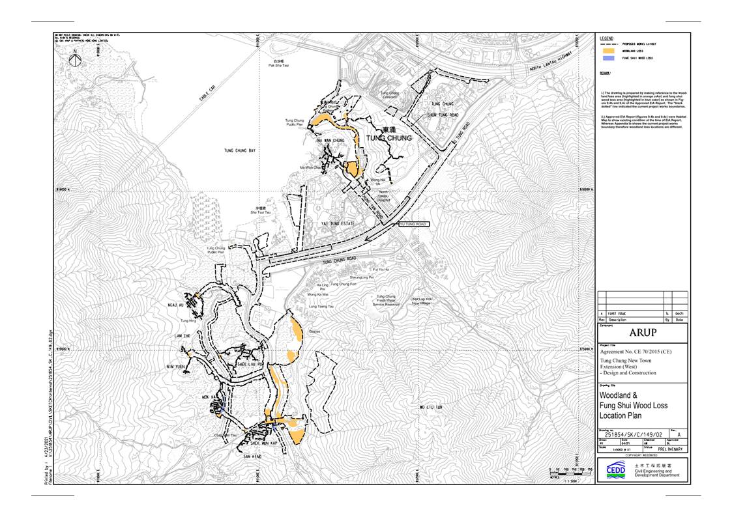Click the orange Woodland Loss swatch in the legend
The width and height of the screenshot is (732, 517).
[x=608, y=50]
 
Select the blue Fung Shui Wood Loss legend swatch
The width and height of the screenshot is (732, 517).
[x=608, y=58]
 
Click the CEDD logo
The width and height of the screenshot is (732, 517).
[x=615, y=471]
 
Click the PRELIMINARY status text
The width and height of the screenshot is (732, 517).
[x=669, y=449]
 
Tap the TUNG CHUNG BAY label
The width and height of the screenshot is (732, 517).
[x=240, y=150]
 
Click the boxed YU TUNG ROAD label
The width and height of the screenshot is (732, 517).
[x=413, y=224]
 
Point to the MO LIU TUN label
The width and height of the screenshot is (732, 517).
[x=430, y=407]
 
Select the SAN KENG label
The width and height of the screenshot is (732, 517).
[x=252, y=456]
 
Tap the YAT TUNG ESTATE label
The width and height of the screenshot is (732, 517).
[x=337, y=223]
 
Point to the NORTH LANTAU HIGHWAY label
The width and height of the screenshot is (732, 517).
[x=551, y=63]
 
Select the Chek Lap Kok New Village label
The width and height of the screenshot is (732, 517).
[x=420, y=301]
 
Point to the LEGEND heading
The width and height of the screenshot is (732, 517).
[x=606, y=38]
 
